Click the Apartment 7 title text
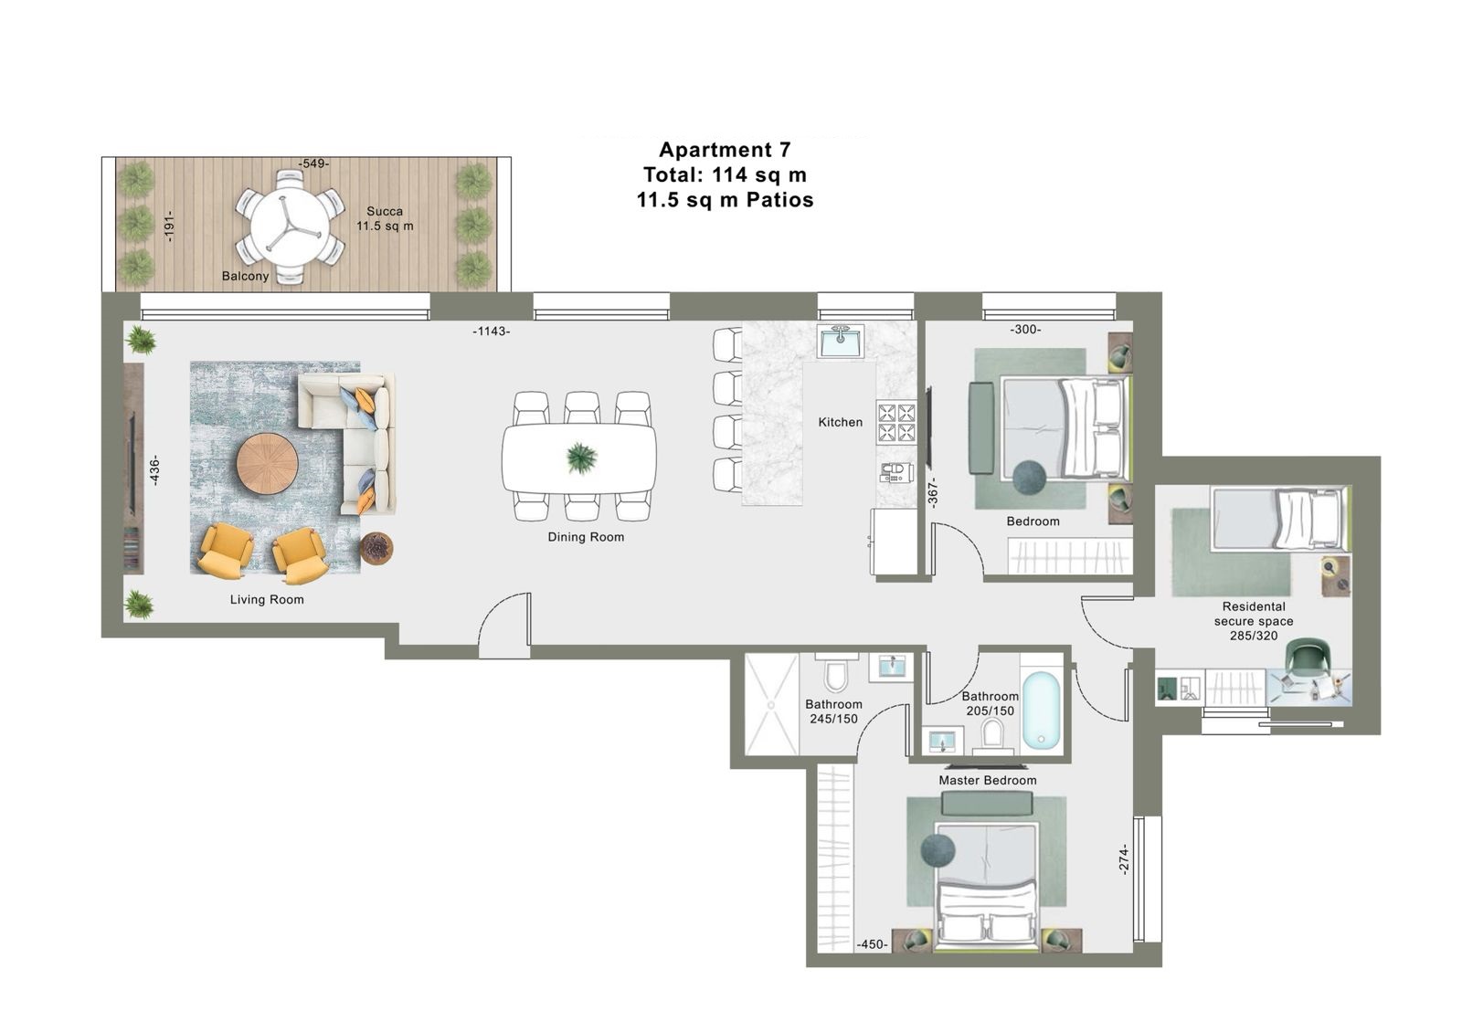725,150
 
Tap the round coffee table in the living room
268,464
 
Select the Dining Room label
586,537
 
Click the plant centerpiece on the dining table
580,457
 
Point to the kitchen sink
841,342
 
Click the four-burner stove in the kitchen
896,422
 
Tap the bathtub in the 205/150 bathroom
1041,711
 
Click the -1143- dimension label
492,332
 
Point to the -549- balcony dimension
313,163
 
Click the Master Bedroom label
988,780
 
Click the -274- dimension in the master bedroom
1123,859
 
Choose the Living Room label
267,599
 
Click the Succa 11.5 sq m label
385,218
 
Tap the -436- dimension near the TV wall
154,471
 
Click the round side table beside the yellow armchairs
376,549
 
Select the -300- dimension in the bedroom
1025,330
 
